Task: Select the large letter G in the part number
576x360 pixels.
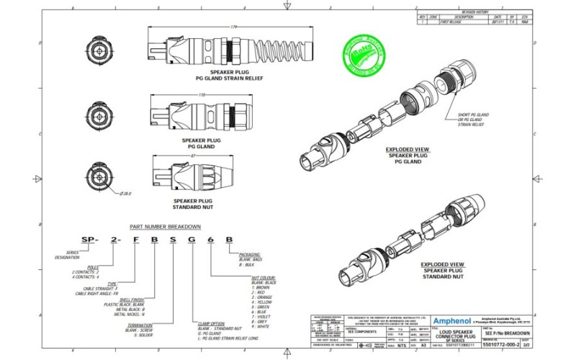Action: pyautogui.click(x=190, y=239)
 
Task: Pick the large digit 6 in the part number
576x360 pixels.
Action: pyautogui.click(x=210, y=239)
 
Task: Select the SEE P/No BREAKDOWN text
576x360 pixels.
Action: pyautogui.click(x=508, y=333)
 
